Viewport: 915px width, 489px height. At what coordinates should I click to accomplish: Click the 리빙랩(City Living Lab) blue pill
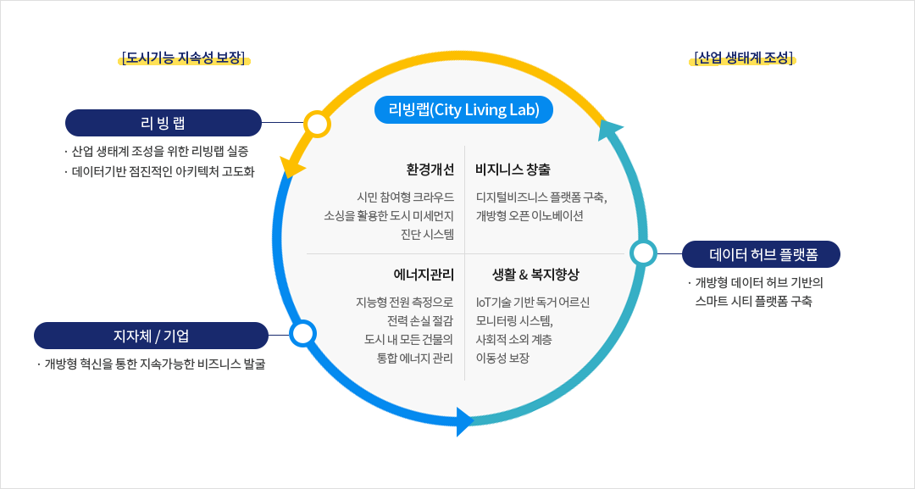463,110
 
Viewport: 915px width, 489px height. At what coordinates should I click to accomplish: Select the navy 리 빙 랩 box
164,123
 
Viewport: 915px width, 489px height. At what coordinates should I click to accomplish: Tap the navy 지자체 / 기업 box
151,336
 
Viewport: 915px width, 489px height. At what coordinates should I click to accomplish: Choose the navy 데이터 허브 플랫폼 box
762,253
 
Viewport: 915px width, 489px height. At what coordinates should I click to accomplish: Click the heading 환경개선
430,169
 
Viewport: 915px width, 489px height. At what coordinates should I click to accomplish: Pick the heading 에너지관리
424,274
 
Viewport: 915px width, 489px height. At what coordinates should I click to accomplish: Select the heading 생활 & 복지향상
535,274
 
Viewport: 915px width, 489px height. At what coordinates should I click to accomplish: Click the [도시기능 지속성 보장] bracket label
184,58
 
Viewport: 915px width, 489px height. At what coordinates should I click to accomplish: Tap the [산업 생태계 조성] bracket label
743,58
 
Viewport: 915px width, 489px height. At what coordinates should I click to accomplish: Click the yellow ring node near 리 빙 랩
317,124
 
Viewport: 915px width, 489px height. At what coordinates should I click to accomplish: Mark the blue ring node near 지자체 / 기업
302,333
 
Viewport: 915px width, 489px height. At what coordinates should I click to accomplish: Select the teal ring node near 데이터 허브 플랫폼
643,253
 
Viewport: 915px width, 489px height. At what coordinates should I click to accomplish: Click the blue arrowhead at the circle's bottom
464,420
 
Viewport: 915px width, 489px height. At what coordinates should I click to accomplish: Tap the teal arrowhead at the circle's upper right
610,130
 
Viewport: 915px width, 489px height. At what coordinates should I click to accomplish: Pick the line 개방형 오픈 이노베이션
530,215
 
